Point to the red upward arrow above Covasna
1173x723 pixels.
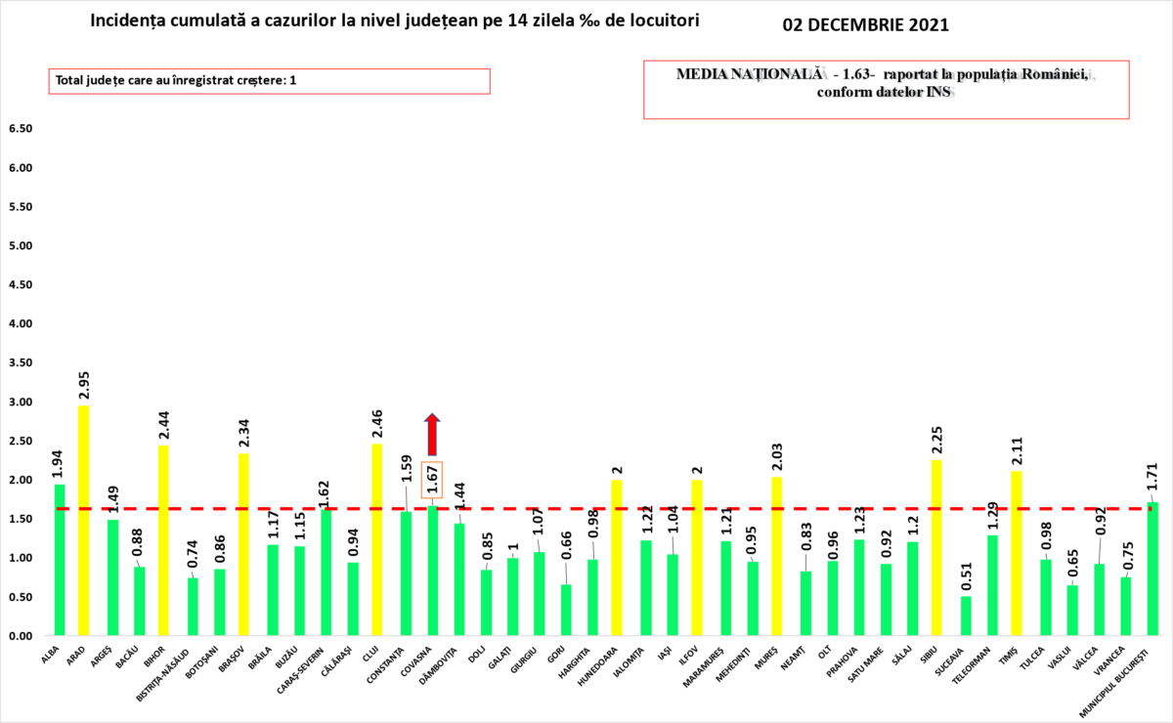tap(432, 434)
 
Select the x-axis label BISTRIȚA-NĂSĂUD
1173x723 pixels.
tap(180, 674)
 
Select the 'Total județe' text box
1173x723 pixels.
tap(269, 81)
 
